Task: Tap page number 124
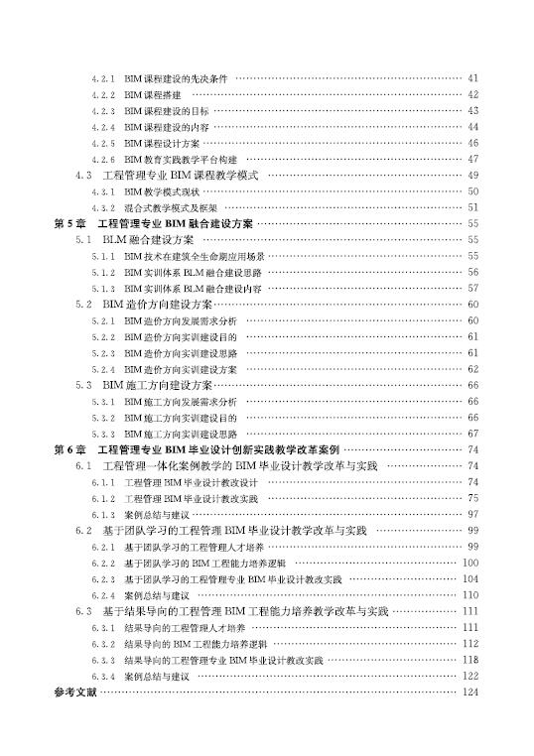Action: [470, 692]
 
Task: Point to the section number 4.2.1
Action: [103, 78]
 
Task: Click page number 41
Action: [472, 78]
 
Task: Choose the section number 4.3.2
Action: [103, 207]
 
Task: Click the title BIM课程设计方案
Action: [163, 143]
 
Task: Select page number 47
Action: [472, 159]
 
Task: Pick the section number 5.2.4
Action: [103, 369]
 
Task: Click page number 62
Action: [472, 369]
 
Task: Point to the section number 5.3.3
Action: [103, 434]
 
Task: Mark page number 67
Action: [472, 434]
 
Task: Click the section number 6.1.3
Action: [103, 514]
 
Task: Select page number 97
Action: [472, 514]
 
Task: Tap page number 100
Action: [470, 563]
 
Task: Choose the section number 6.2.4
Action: [103, 594]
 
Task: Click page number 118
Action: [470, 659]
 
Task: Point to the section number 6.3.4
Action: [103, 676]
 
